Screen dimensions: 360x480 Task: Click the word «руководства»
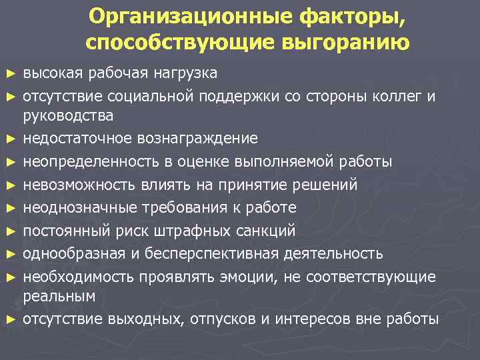tap(68, 115)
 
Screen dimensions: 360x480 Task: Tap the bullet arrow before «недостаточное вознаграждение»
tap(9, 139)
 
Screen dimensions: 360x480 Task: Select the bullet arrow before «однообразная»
tap(9, 254)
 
